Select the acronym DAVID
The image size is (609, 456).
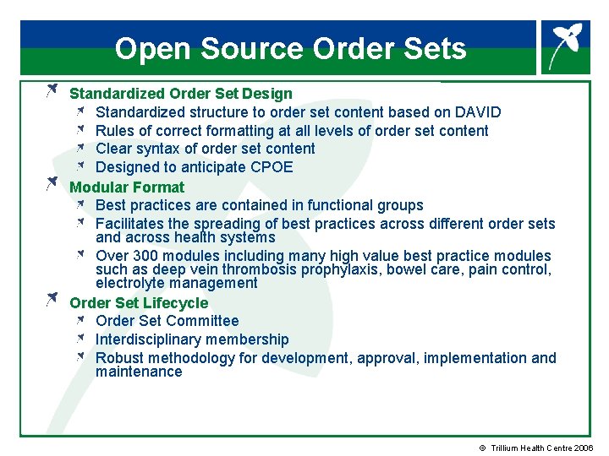[x=478, y=112]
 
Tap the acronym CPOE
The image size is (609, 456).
[x=272, y=167]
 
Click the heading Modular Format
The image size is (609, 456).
[x=127, y=187]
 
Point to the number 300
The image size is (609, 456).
[x=146, y=256]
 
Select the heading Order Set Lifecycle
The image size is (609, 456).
[x=139, y=302]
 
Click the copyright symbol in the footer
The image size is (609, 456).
[x=483, y=448]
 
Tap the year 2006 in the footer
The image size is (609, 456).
[x=583, y=448]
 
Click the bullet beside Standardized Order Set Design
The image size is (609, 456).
[x=52, y=89]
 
